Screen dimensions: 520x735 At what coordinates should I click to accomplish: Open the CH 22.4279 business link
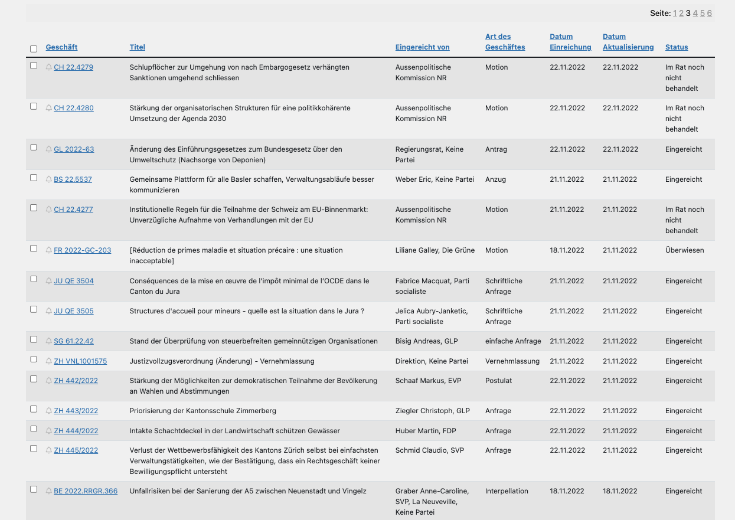pos(73,67)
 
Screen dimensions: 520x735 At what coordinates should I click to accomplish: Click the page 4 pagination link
pos(695,13)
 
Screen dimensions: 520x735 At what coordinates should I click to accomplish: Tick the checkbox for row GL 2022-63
pos(34,148)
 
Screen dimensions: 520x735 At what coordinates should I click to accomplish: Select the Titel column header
pos(137,47)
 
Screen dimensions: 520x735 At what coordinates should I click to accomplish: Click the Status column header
pos(677,47)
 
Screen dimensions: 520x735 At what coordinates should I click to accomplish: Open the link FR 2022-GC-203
pos(82,250)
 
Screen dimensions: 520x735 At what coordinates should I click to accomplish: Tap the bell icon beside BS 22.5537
pos(49,179)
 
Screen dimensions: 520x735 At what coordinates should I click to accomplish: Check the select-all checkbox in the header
pos(34,49)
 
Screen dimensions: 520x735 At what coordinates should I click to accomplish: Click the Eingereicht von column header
pos(422,47)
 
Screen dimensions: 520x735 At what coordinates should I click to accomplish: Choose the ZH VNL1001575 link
pos(80,361)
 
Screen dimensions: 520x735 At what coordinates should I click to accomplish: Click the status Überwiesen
pos(684,250)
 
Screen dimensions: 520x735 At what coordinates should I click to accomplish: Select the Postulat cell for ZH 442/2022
pos(498,381)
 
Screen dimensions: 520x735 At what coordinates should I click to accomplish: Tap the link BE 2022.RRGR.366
pos(86,491)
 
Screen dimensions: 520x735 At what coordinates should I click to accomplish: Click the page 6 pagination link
pos(710,13)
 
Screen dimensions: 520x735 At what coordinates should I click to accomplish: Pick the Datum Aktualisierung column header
pos(628,42)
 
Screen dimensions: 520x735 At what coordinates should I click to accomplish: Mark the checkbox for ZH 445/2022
pos(34,449)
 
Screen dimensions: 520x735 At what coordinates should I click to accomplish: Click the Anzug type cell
pos(495,179)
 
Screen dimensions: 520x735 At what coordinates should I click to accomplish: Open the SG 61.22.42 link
pos(74,341)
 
